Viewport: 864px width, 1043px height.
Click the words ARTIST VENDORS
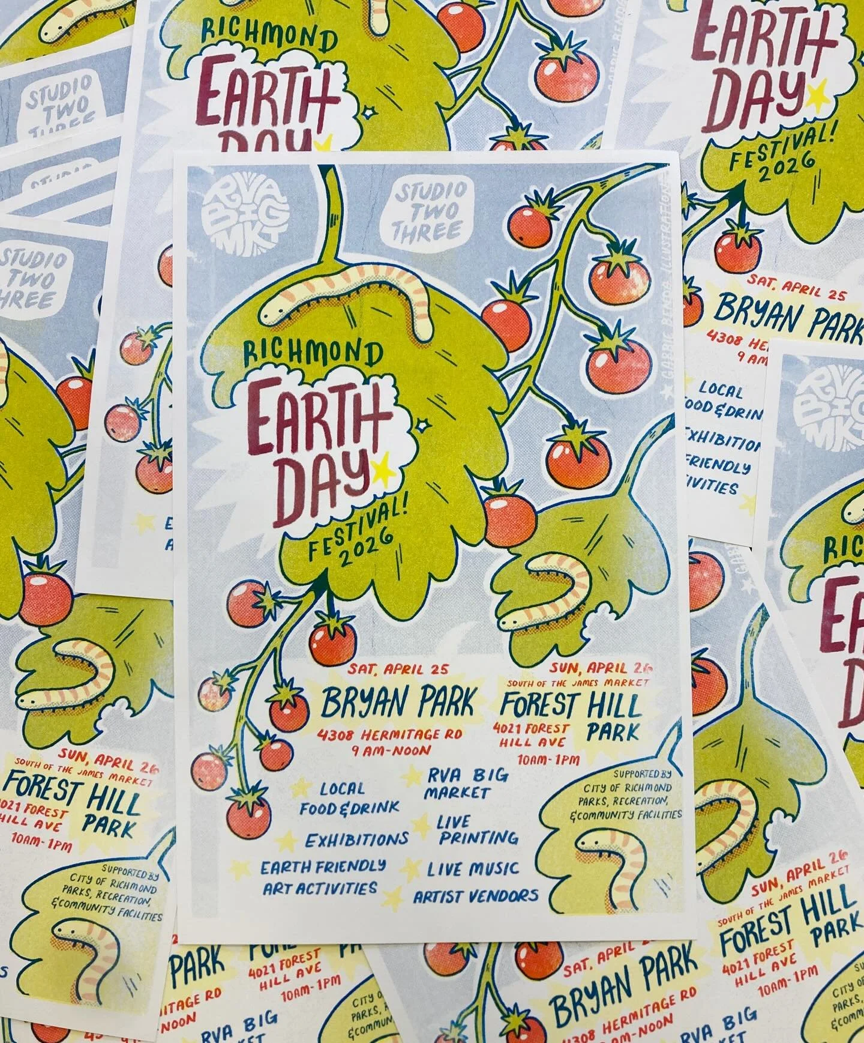pyautogui.click(x=475, y=896)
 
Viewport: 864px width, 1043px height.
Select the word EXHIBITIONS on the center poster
pyautogui.click(x=356, y=838)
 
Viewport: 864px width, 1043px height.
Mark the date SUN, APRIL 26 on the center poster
pyautogui.click(x=605, y=668)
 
